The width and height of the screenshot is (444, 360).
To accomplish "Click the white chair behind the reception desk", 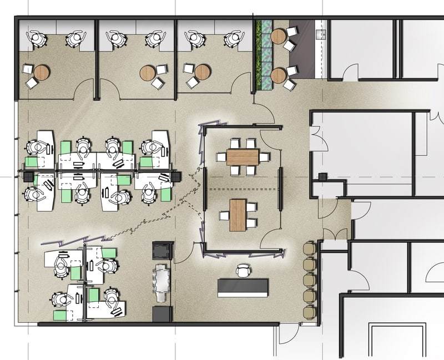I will click(244, 271).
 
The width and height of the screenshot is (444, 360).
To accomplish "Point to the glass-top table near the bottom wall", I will click(162, 283).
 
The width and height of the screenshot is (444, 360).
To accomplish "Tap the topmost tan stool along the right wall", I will click(309, 247).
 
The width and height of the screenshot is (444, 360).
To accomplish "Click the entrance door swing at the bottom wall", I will click(289, 333).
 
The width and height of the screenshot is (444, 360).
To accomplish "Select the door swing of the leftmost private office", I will click(86, 89).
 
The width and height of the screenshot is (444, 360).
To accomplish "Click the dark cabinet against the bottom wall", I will click(162, 314).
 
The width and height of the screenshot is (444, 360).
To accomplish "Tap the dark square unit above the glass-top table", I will click(162, 250).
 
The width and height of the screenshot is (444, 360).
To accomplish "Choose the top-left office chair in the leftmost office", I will click(37, 38).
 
